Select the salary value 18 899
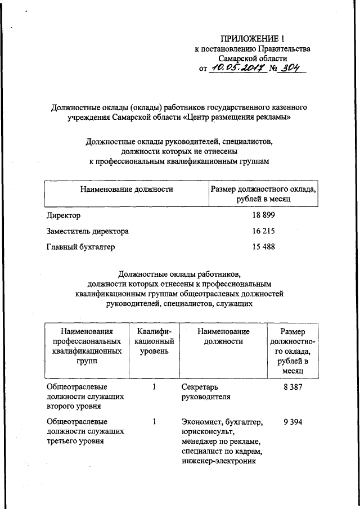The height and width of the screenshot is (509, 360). tap(263, 216)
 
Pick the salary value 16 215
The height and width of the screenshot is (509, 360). tap(263, 231)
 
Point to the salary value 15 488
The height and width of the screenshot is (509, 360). tap(263, 246)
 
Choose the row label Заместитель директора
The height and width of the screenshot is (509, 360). tap(87, 231)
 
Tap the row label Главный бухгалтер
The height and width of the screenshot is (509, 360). tap(82, 246)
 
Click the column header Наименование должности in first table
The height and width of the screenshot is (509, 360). tap(126, 190)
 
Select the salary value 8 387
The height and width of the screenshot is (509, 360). tap(293, 388)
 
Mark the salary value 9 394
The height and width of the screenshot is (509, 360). tap(293, 421)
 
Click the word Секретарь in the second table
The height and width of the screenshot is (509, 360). tap(200, 388)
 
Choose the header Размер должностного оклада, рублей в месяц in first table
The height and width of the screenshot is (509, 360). tap(263, 195)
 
